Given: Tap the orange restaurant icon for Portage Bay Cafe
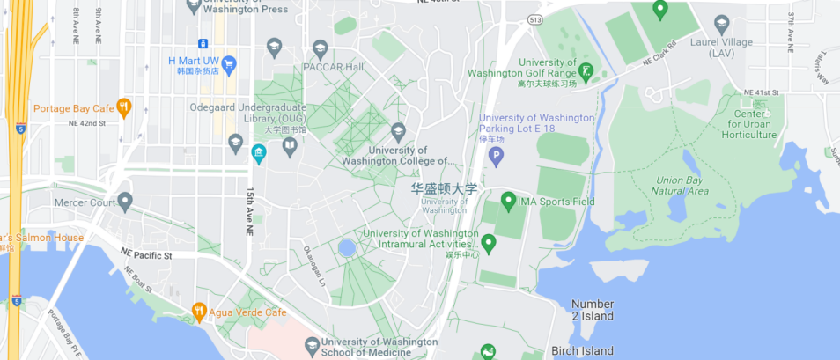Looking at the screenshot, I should [x=124, y=107].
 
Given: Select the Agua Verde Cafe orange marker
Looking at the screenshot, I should [x=200, y=312].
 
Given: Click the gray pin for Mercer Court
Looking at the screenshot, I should [x=125, y=202].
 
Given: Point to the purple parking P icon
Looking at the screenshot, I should [x=496, y=157].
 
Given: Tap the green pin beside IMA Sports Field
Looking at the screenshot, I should [x=508, y=202].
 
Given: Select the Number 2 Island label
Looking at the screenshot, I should [x=593, y=310].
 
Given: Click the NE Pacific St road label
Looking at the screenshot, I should [x=146, y=254].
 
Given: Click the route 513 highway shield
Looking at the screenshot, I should [x=534, y=18].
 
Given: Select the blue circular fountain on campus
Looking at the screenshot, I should [x=347, y=248].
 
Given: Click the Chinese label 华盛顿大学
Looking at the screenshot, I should [x=445, y=188].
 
